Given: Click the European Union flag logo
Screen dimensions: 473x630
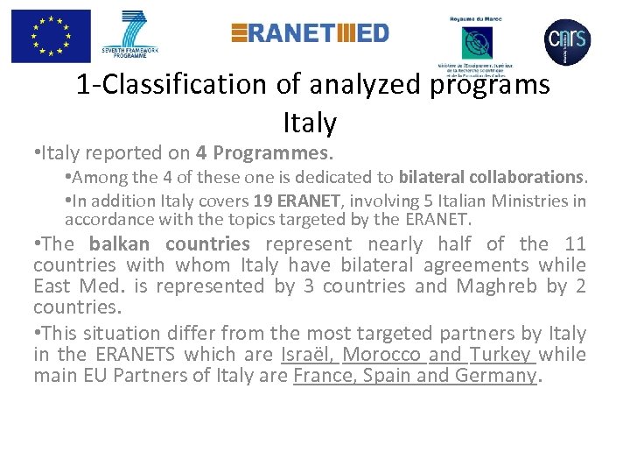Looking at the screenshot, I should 51,37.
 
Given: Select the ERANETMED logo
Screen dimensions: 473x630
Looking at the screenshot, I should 310,33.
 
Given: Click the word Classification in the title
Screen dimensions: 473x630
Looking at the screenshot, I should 190,85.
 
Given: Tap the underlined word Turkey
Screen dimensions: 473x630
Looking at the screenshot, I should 500,354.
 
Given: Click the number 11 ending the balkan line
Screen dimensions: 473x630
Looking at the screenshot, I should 574,244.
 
